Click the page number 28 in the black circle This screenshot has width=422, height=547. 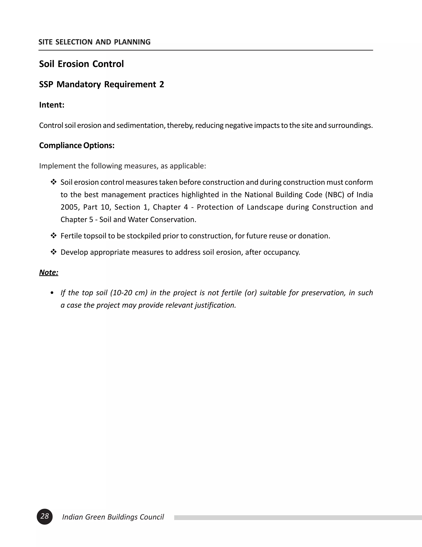45,516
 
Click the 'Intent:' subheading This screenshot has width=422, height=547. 52,105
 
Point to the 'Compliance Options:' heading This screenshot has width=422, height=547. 77,145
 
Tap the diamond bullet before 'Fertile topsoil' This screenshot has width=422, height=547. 54,236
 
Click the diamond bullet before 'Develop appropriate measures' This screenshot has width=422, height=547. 54,252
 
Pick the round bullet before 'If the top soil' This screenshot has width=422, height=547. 52,293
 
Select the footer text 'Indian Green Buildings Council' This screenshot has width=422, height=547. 113,517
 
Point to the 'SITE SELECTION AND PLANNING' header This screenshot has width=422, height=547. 95,42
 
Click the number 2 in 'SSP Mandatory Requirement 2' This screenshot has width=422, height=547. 162,84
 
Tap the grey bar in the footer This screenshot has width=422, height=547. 298,517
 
